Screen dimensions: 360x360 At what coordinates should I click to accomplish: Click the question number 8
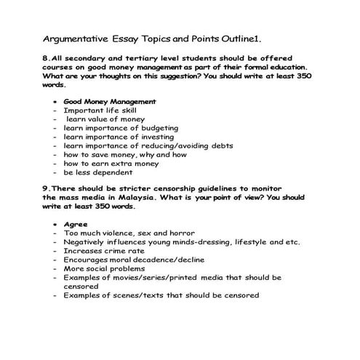click(x=47, y=57)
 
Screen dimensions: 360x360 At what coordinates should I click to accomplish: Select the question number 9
click(x=47, y=188)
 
